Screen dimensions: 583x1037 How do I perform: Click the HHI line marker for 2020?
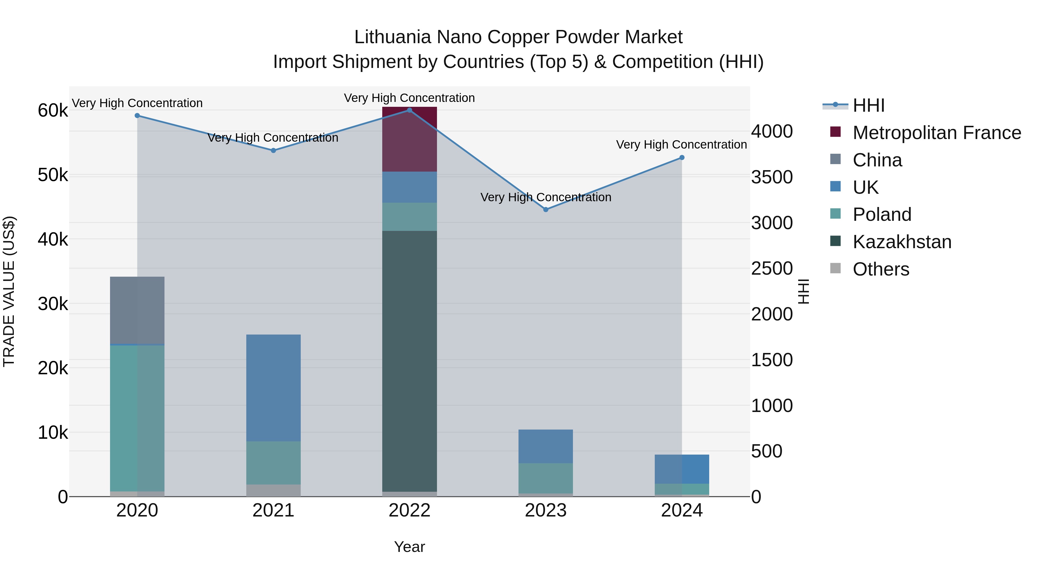(137, 115)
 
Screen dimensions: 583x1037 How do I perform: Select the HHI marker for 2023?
(546, 210)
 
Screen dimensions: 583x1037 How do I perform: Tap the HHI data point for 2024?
(682, 158)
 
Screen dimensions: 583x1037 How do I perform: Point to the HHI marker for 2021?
(273, 151)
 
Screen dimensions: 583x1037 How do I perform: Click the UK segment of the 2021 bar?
(273, 388)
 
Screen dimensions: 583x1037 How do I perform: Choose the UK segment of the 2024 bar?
(682, 469)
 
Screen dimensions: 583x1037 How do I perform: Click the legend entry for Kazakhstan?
(902, 242)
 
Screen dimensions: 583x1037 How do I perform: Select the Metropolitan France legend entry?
(936, 133)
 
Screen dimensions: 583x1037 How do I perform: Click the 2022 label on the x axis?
(409, 510)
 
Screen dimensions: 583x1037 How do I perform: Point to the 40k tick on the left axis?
(53, 240)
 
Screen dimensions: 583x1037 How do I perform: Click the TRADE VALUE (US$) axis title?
(9, 291)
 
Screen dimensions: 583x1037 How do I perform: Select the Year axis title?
(409, 547)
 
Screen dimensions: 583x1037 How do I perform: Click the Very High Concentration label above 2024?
(681, 145)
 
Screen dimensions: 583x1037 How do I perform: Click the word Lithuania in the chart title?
(393, 37)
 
